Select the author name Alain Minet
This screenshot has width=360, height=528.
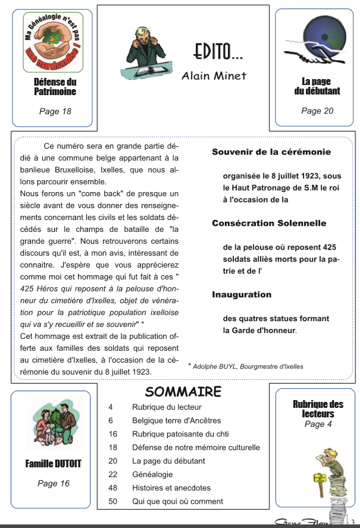[214, 76]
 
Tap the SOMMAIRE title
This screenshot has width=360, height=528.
[183, 391]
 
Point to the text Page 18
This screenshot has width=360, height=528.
[55, 111]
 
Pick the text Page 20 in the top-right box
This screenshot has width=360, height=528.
[317, 111]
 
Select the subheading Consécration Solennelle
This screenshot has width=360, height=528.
[269, 224]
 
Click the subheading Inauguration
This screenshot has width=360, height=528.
[242, 294]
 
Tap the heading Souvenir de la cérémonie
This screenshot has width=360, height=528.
[271, 152]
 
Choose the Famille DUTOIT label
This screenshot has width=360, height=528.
[54, 464]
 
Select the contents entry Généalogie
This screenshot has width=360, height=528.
[152, 474]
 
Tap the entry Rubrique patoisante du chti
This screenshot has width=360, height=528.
[180, 434]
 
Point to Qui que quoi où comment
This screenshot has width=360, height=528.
[177, 501]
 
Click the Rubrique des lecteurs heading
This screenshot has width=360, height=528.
[318, 409]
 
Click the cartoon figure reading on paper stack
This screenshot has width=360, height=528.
[321, 476]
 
